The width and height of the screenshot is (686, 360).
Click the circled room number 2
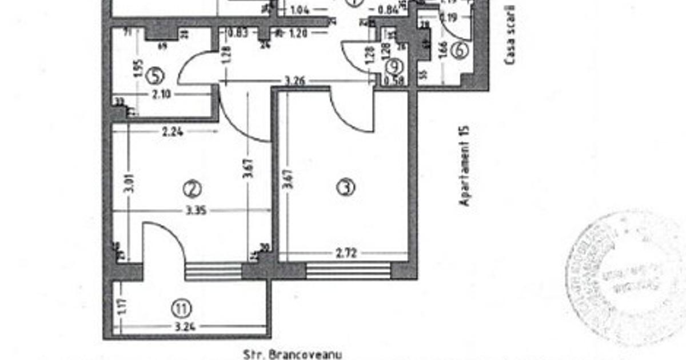(x=192, y=189)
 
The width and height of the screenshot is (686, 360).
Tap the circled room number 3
(x=345, y=187)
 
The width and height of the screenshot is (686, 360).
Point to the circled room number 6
(x=459, y=50)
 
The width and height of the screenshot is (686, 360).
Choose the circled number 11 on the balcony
(x=181, y=309)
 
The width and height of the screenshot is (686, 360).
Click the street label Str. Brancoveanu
(x=292, y=355)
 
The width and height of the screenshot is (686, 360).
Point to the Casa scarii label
(x=509, y=34)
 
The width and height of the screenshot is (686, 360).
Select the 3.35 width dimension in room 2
(x=196, y=211)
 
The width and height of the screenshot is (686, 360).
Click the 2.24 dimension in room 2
(x=173, y=131)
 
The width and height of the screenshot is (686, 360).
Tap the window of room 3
(x=348, y=270)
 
